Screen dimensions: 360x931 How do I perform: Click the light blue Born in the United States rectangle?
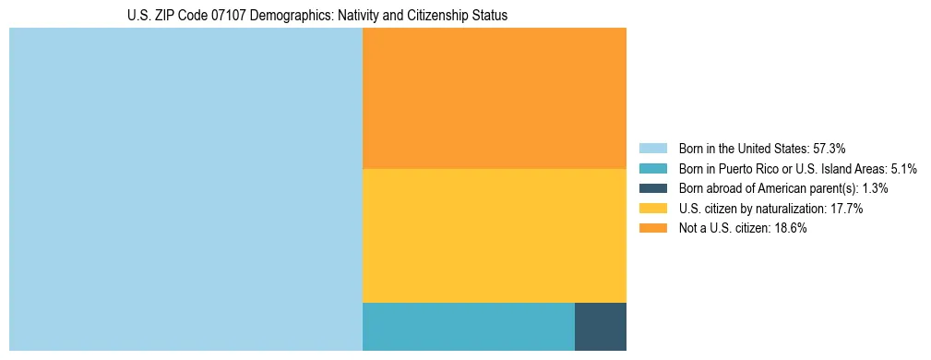click(185, 189)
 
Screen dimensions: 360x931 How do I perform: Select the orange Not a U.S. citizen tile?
click(495, 98)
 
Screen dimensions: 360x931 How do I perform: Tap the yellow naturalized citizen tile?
click(495, 235)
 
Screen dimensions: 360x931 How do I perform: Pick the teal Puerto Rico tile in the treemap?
click(469, 326)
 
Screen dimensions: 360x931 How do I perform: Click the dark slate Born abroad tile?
click(601, 326)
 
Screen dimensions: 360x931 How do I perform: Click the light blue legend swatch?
click(652, 148)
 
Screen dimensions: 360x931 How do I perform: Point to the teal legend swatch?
click(652, 168)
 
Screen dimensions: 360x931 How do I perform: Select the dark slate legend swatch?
click(652, 188)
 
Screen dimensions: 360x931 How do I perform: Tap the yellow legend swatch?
click(652, 209)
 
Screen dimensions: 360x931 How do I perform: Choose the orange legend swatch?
click(652, 229)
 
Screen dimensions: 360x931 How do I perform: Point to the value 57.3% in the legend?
click(830, 148)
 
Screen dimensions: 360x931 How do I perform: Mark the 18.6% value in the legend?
click(791, 229)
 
